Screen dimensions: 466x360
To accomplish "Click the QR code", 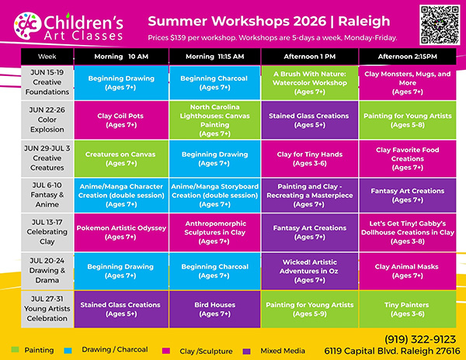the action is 440,25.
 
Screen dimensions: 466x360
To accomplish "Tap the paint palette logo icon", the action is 27,26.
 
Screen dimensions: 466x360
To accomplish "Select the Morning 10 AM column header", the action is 121,57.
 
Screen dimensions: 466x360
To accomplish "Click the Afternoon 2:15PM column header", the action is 408,57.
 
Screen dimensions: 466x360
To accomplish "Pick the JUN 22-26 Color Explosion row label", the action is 47,119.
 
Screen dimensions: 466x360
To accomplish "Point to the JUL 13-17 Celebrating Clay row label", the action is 47,232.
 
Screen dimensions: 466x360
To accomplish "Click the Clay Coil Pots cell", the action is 121,120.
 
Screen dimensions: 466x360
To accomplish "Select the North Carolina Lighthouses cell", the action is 215,120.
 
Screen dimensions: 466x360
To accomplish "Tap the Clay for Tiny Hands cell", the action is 310,158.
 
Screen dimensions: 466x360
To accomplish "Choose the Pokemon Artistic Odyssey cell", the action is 121,233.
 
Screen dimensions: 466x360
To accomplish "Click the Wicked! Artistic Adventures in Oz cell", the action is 310,271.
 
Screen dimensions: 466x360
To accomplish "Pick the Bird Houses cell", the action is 215,309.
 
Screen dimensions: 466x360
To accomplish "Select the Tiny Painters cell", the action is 408,309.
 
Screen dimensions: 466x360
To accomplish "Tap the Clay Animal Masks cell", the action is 408,271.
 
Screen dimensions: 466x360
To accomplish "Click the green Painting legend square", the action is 15,350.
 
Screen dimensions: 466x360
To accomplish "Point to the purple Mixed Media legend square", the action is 247,351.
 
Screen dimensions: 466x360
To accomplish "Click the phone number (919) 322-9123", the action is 420,339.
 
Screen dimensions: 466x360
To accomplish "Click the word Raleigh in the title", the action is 364,21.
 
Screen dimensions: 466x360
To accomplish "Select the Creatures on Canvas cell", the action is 121,158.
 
